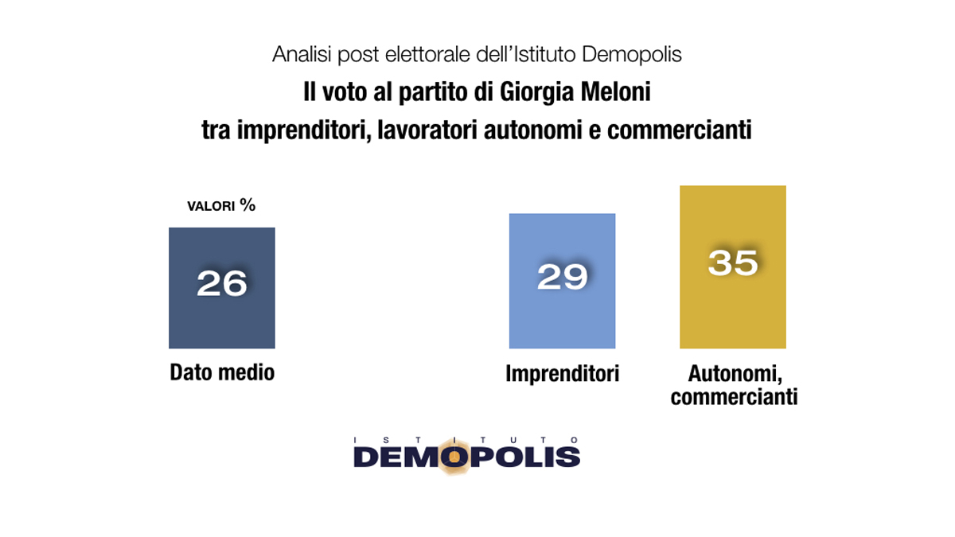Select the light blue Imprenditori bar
click(x=562, y=318)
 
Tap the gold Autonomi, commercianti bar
click(x=732, y=310)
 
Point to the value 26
click(x=222, y=283)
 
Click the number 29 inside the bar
click(x=562, y=277)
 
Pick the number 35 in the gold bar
click(x=732, y=263)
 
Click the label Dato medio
click(x=222, y=372)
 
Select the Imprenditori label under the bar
click(x=562, y=373)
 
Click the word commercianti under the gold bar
click(x=734, y=396)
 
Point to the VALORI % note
click(x=221, y=206)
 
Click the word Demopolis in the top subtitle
click(x=632, y=55)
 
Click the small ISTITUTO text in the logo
click(x=466, y=438)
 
